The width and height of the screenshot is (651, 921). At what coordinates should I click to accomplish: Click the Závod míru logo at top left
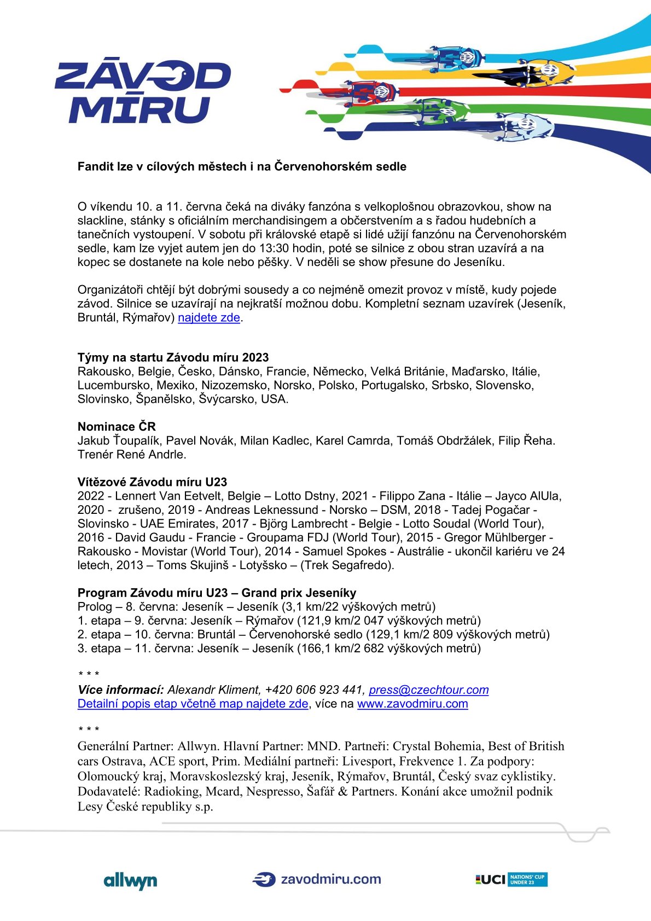tap(142, 92)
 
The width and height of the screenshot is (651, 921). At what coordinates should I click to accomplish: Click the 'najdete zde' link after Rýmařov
tap(209, 318)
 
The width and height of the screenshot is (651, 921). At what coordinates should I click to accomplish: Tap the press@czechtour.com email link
tap(429, 690)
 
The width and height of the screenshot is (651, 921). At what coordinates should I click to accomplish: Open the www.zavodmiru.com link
tap(412, 704)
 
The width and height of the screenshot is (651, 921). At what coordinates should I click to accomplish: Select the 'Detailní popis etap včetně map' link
tap(193, 704)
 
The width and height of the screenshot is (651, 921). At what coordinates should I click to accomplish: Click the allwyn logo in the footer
tap(130, 881)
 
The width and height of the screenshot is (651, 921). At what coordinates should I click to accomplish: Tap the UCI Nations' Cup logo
tap(511, 879)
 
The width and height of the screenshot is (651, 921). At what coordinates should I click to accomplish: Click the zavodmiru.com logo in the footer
tap(317, 879)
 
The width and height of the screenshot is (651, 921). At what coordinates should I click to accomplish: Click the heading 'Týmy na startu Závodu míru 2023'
tap(173, 358)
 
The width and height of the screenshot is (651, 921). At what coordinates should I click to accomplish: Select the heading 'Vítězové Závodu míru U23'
tap(152, 482)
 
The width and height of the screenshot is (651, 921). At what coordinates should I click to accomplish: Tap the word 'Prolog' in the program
tap(95, 607)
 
